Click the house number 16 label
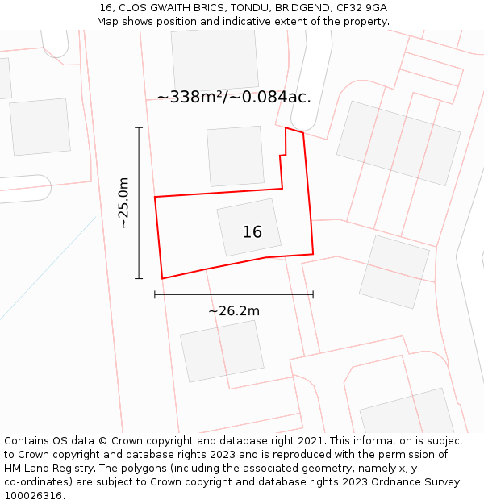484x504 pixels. tap(252, 232)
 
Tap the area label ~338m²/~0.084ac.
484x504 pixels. tap(234, 98)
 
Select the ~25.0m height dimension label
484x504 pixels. tap(123, 202)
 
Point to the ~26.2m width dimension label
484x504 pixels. tap(234, 311)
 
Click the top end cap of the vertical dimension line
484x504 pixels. tap(139, 127)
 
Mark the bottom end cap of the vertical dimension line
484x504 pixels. tap(139, 279)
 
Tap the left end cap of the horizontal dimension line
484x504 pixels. tap(155, 295)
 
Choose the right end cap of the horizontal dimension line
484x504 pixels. tap(313, 295)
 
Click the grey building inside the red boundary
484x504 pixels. tap(249, 227)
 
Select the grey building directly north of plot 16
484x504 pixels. tap(235, 156)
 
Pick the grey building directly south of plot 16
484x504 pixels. tap(222, 352)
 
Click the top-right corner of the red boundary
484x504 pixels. tap(303, 132)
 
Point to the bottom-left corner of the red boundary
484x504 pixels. tap(162, 278)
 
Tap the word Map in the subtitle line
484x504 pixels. tap(108, 22)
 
